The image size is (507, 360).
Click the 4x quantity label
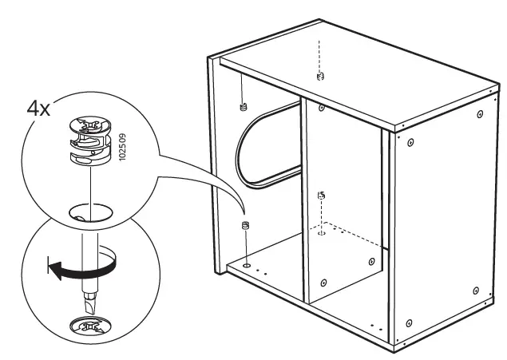pos(38,109)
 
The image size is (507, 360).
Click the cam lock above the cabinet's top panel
pos(321,77)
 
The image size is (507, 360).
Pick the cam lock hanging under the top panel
pos(242,106)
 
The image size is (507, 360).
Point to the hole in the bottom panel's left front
pos(248,263)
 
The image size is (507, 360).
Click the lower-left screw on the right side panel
pos(409,323)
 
